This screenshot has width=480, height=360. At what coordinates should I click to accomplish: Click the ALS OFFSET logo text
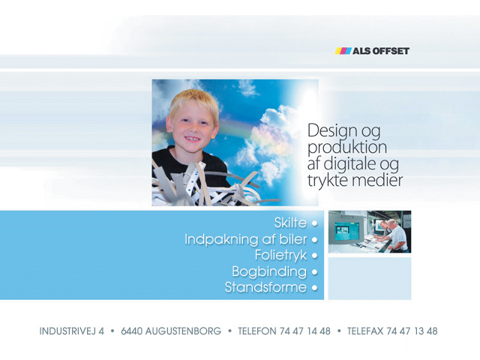pos(381,51)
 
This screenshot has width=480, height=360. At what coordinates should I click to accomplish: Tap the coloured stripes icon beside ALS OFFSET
pos(343,51)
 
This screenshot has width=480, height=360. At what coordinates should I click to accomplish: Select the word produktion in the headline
pos(347,148)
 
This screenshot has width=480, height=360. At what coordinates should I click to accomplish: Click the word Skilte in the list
pos(290,223)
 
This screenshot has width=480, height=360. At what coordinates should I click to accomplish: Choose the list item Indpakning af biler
pos(246,239)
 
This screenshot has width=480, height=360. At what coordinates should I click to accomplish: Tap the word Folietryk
pos(280,255)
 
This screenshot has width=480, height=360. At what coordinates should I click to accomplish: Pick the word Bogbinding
pos(269,271)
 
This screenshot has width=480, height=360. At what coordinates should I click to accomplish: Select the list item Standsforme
pos(265,287)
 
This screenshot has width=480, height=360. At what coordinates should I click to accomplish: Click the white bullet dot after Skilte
pos(314,223)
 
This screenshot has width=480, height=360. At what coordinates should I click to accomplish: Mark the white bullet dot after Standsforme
pos(314,288)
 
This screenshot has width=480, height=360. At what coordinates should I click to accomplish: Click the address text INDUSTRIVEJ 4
pos(72,331)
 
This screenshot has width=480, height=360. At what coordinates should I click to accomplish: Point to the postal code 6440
pos(132,331)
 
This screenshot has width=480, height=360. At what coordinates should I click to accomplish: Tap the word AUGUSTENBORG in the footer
pos(183,331)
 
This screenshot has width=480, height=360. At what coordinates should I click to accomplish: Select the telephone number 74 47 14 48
pos(305,331)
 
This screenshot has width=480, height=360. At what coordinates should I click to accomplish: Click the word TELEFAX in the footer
pos(365,331)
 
